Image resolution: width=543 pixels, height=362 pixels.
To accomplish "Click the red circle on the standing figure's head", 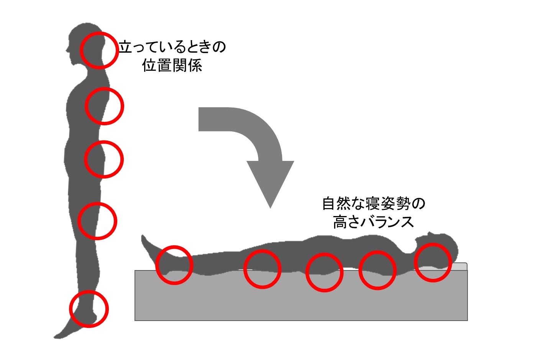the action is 81,51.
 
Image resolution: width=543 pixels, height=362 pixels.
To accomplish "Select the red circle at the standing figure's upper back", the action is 86,106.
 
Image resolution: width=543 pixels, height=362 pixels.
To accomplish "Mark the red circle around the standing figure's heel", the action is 70,309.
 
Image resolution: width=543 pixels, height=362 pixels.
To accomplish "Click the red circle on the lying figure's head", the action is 415,262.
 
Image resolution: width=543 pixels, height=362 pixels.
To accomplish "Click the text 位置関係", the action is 172,65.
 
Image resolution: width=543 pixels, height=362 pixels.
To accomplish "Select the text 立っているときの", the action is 172,47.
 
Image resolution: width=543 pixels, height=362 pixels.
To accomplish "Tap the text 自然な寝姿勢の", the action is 374,203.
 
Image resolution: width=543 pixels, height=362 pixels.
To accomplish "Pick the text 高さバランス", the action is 374,222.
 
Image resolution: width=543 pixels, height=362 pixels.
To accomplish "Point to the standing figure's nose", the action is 67,51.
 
